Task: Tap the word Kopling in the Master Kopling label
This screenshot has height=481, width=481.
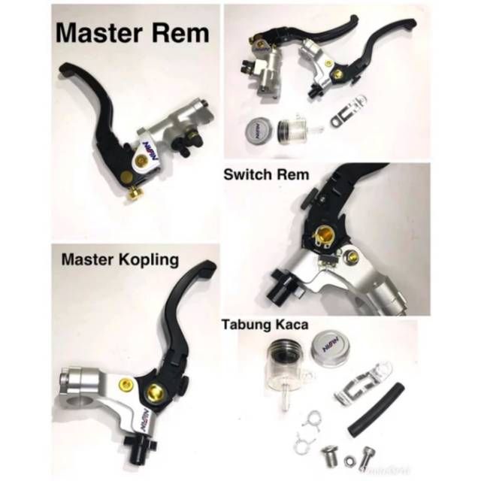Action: coord(147,261)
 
